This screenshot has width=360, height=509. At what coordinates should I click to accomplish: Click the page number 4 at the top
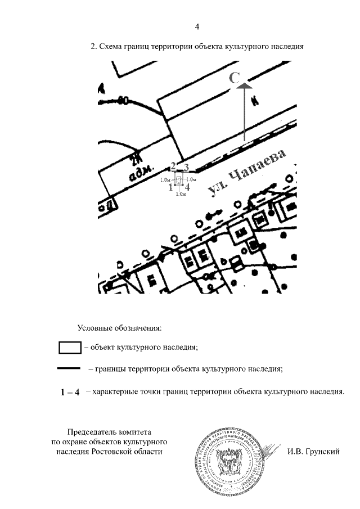(x=197, y=26)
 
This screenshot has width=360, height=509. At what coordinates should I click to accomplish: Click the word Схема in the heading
(x=110, y=47)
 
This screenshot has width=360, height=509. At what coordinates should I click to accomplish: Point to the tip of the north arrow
(x=245, y=84)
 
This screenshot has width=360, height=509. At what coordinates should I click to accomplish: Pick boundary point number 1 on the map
(x=170, y=187)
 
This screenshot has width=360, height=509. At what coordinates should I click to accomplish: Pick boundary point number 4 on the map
(x=187, y=187)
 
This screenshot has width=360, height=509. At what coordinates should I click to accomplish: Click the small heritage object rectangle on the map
(x=179, y=179)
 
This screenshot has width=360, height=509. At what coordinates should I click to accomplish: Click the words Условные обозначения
(x=120, y=327)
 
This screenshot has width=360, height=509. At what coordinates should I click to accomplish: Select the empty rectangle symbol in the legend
(x=70, y=347)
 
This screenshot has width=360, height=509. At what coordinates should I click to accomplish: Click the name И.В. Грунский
(x=313, y=451)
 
